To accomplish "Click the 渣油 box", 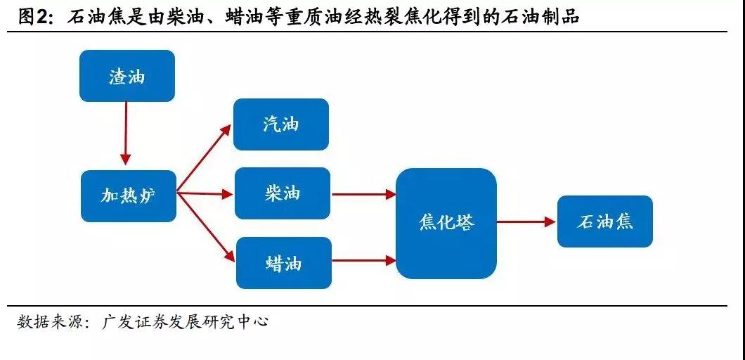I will coord(127,76).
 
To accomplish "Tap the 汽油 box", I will coord(281,124).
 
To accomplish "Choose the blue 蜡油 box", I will coord(283,263).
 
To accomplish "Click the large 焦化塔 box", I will coord(446,223).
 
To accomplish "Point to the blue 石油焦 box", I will coord(605,221).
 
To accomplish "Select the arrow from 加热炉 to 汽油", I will coord(204,159).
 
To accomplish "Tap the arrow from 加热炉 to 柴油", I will coord(205,193).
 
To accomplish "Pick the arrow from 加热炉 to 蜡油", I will coord(205,226).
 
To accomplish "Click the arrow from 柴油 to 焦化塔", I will coord(363,194).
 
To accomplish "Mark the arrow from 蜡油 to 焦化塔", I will coord(363,261).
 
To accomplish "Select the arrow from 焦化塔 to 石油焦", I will coord(526,221).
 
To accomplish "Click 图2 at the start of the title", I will coord(35,16).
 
